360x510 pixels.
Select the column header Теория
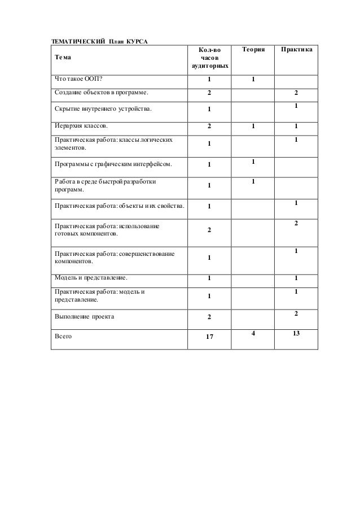tap(253, 51)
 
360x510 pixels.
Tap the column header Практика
tap(295, 51)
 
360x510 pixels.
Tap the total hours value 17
tap(209, 338)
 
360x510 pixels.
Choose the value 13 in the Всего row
tap(296, 334)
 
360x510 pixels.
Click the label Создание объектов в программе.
tap(102, 92)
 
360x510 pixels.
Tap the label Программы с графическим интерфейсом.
tap(113, 165)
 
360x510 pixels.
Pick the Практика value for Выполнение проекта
tap(296, 313)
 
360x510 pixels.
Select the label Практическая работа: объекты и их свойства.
tap(118, 206)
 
